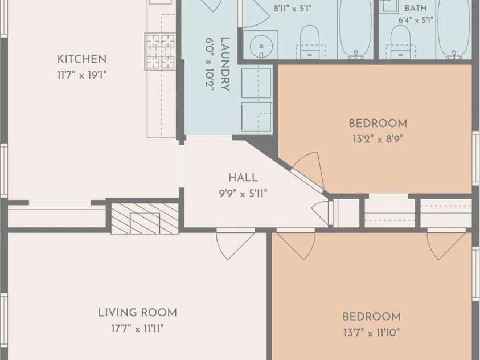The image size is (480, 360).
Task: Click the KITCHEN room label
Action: pos(82,59)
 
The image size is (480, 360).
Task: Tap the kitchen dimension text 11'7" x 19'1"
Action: pos(82,75)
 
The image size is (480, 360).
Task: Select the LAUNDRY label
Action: pos(225,64)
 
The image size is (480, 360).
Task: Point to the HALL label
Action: pos(243,178)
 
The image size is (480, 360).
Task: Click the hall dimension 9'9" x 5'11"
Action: pos(243,194)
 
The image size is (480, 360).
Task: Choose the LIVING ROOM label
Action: pos(137,313)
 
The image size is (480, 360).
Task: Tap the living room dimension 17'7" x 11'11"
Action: pos(137,329)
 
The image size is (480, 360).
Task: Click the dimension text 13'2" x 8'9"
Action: pos(378,140)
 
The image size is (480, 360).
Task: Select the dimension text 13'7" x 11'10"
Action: pos(372,332)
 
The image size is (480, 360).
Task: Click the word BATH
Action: pos(416,8)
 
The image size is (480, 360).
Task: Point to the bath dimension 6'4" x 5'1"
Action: pos(416,20)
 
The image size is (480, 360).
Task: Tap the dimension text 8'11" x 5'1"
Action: pos(292,9)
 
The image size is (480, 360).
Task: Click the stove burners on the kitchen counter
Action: pos(159,51)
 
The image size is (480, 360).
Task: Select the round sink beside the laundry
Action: pos(261,47)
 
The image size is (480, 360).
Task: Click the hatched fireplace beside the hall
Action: pos(145,219)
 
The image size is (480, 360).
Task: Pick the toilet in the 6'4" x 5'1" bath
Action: pos(400,42)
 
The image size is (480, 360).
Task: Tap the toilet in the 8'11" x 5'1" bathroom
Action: pos(310,42)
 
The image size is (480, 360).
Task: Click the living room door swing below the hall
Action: pos(235,244)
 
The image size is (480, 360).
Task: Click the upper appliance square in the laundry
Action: pos(256,83)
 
